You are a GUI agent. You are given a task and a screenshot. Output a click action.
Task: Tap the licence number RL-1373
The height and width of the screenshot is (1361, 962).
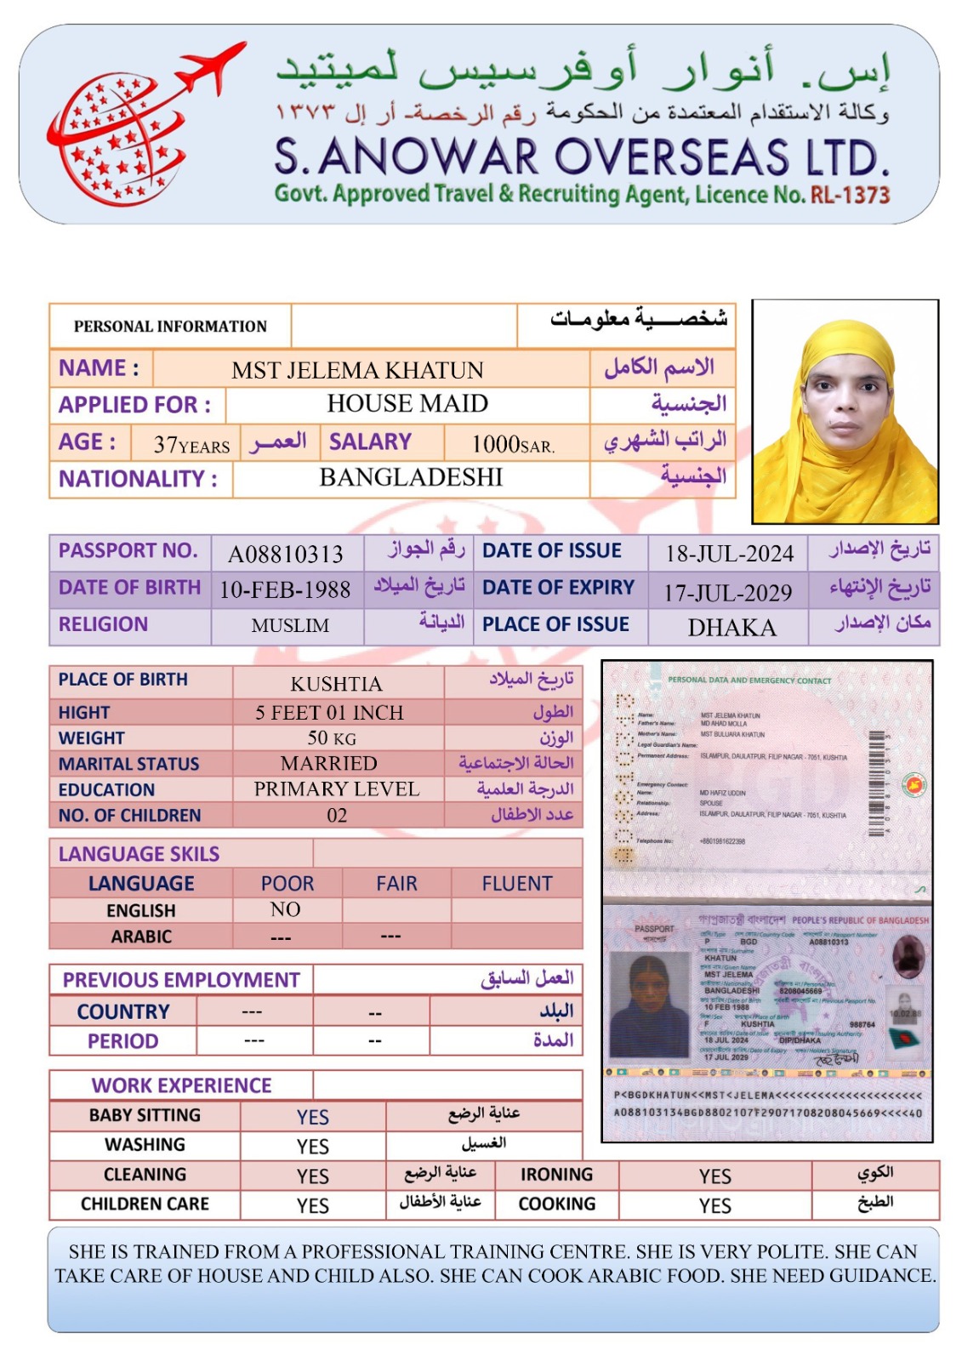pos(850,195)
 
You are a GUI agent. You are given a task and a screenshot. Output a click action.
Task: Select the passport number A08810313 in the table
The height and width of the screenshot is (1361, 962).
pos(286,555)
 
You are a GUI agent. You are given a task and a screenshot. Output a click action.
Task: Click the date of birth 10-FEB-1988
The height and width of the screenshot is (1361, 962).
pos(286,589)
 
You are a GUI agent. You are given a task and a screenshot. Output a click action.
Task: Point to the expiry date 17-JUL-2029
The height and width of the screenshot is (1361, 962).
pos(728,592)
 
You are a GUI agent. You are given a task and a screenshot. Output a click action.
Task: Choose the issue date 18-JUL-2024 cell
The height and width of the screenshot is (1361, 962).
pos(729,554)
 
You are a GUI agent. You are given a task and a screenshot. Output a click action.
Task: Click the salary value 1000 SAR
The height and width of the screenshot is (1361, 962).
pos(513,444)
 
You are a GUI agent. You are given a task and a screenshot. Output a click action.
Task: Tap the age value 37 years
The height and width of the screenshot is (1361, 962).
pos(191,445)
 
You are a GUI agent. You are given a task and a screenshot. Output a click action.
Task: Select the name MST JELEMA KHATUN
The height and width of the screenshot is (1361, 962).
pos(357,370)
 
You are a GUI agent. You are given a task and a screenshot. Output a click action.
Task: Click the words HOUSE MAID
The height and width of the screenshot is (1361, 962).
pos(407,403)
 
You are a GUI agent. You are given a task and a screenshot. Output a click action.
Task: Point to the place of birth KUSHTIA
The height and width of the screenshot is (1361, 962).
pos(337,684)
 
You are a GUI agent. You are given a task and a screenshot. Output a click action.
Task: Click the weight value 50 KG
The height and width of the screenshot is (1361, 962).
pos(332,737)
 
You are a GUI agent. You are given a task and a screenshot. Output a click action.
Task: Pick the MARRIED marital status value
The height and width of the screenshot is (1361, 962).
pos(329,763)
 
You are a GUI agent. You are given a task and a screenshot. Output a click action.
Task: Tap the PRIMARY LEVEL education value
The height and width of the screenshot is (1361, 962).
pos(337,789)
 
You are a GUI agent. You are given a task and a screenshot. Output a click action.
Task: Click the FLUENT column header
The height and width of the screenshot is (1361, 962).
pos(517,884)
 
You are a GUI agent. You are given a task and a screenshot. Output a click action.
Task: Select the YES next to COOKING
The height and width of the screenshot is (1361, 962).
pos(714,1205)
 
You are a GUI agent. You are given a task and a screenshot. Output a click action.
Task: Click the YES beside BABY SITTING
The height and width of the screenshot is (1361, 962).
pos(313,1117)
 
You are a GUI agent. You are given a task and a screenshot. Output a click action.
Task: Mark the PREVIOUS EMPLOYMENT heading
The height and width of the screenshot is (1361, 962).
pos(181,980)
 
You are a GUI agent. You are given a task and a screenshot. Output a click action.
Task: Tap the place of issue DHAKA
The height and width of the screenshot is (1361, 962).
pos(731,628)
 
